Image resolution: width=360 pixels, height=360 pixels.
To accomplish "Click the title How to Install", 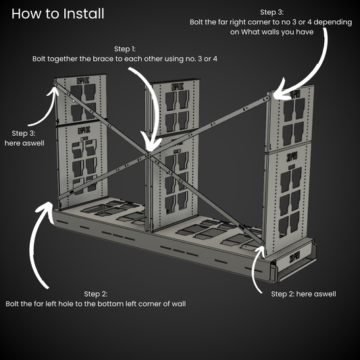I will pyautogui.click(x=57, y=14).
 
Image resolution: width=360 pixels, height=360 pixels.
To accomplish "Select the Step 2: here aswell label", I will pyautogui.click(x=303, y=294).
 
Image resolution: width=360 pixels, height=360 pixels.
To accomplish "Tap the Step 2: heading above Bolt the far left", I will pyautogui.click(x=95, y=294).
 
